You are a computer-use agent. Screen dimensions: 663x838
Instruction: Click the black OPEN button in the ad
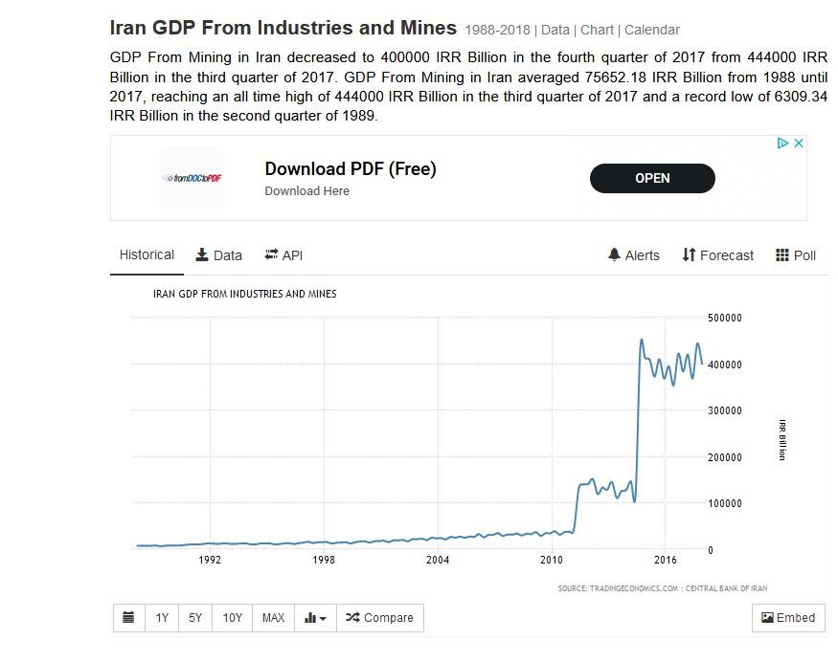coord(652,178)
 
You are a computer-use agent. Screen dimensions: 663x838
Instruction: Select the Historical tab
coord(147,255)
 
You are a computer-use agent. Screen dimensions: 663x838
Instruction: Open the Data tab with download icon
coord(218,255)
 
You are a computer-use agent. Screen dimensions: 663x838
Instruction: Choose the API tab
coord(283,255)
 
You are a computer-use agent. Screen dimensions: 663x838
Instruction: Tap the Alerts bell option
coord(634,255)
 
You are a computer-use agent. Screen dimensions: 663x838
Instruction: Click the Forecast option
coord(718,255)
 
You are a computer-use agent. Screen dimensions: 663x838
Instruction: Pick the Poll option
coord(796,255)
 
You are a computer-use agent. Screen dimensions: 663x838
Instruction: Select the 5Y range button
coord(195,618)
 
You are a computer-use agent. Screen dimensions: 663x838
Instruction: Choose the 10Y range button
coord(233,618)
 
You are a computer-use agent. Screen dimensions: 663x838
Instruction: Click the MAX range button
coord(273,618)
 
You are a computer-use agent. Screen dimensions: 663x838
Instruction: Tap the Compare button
coord(379,618)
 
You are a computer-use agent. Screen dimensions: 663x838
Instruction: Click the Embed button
coord(788,618)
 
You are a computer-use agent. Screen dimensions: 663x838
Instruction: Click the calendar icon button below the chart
coord(128,618)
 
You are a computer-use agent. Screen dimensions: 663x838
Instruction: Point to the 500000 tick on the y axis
coord(723,318)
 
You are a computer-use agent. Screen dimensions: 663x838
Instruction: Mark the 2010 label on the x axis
coord(552,560)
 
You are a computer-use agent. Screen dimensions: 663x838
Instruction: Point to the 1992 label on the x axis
coord(210,560)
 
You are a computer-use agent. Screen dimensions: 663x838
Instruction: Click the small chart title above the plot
coord(244,294)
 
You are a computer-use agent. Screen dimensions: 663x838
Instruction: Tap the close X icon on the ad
coord(799,144)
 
